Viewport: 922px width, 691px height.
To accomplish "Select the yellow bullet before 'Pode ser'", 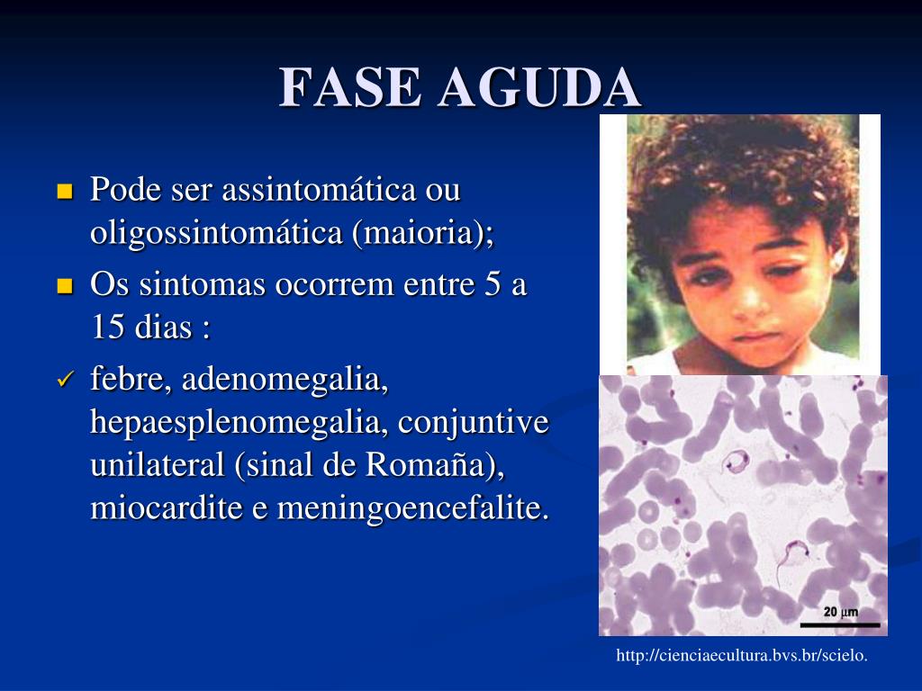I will (x=64, y=191).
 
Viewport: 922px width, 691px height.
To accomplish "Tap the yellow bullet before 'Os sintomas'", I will (x=64, y=286).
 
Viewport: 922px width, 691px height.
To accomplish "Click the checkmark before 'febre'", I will (x=64, y=381).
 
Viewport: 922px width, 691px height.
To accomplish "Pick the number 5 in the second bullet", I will (x=486, y=285).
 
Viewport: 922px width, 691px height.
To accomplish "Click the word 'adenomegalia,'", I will (x=285, y=381).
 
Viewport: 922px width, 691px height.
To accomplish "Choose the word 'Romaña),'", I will (x=436, y=466).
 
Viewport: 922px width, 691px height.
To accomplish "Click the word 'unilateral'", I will (x=158, y=466).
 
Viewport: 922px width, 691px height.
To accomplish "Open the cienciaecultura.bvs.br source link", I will (x=742, y=657).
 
